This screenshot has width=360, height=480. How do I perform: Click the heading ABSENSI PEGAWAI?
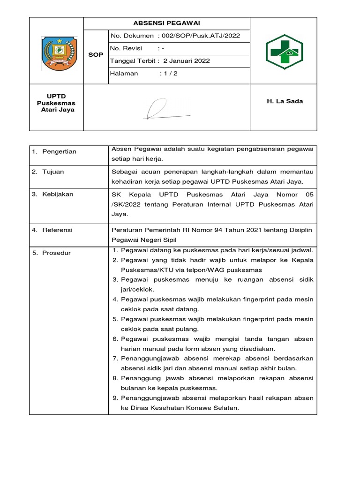click(x=166, y=23)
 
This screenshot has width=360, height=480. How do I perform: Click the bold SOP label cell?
click(x=96, y=55)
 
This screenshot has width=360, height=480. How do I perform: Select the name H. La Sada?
click(x=285, y=101)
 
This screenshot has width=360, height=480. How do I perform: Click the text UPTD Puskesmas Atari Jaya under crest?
click(x=56, y=103)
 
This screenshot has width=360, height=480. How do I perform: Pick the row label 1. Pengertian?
click(x=54, y=151)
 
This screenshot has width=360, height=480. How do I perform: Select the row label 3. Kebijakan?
click(x=52, y=194)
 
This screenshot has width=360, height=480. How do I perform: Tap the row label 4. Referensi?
click(x=52, y=230)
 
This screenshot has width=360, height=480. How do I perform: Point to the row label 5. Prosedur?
click(x=52, y=253)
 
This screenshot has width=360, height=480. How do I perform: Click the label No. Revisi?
click(x=126, y=48)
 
